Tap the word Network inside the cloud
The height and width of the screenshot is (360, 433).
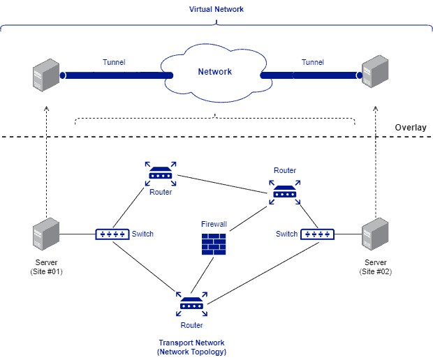click(215, 72)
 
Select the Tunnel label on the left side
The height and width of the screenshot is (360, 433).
click(114, 63)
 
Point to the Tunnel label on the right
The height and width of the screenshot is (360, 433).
click(313, 63)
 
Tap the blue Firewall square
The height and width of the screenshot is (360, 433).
click(214, 244)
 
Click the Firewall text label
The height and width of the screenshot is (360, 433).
click(214, 225)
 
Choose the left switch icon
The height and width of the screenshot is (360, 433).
click(112, 234)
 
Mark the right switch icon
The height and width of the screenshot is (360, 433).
click(317, 234)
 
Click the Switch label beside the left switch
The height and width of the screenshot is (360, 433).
click(142, 234)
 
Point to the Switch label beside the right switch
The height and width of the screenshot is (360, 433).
click(286, 234)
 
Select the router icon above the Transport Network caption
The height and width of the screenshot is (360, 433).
click(191, 304)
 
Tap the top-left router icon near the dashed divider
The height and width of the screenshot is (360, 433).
click(161, 174)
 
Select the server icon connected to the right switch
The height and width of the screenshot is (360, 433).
click(374, 234)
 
